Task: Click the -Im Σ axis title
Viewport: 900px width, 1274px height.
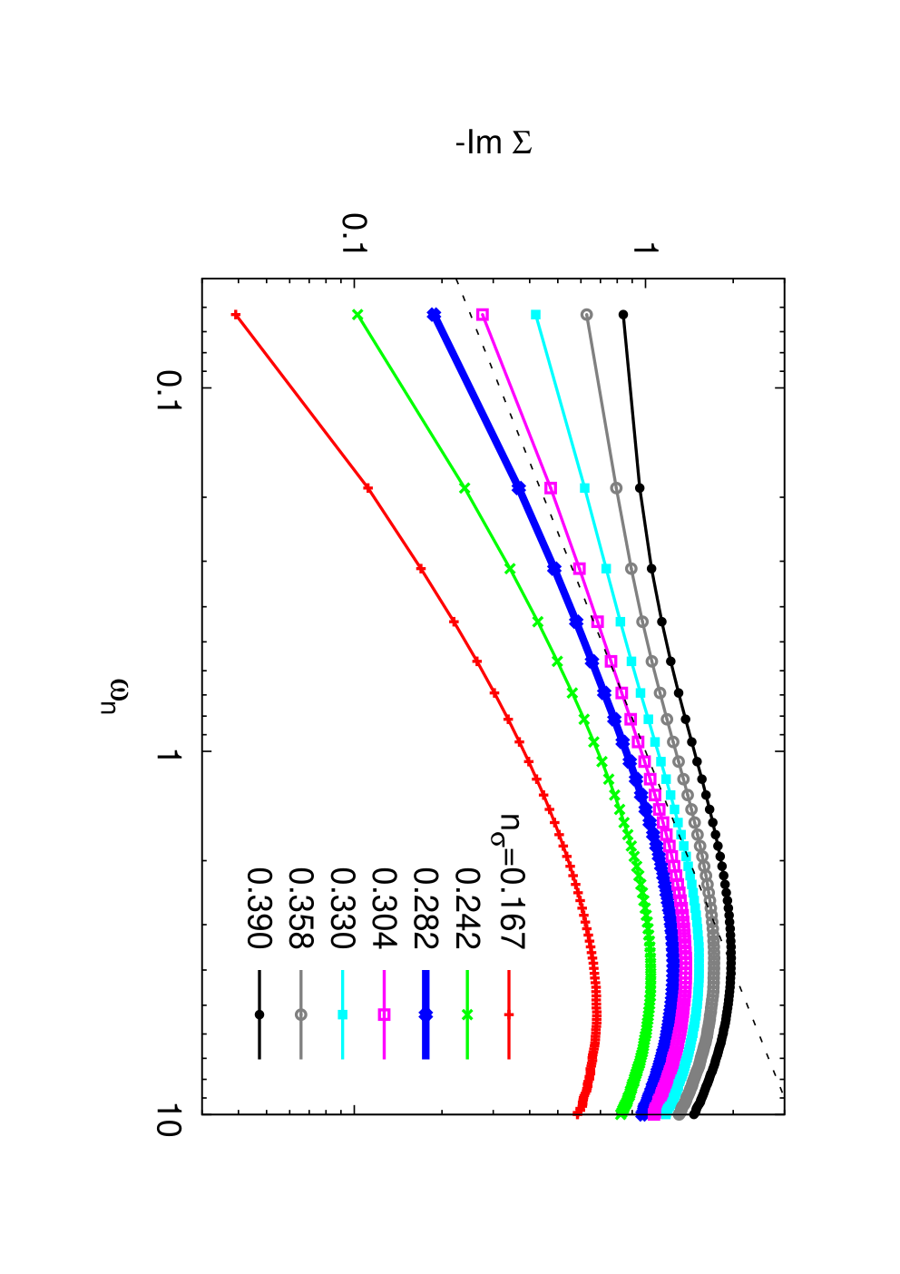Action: click(x=494, y=142)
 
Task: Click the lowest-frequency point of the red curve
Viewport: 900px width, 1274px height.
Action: click(x=235, y=315)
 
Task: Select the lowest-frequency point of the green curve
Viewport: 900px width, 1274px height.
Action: click(x=357, y=315)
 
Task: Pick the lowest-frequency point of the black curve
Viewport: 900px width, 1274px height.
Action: click(x=623, y=315)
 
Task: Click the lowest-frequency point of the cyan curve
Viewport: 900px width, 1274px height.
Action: click(x=535, y=315)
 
